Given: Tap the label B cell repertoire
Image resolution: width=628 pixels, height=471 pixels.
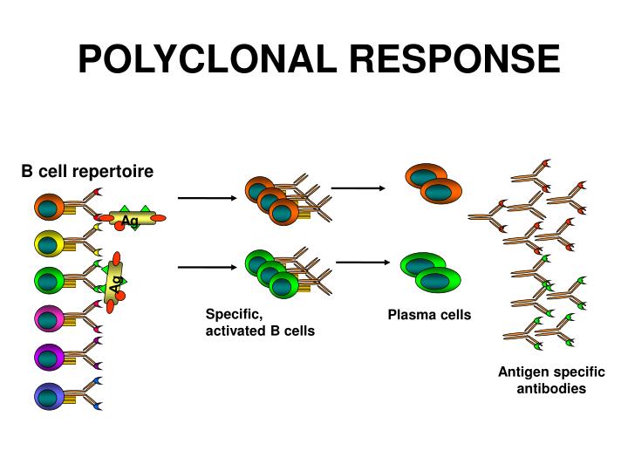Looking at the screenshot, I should (87, 171).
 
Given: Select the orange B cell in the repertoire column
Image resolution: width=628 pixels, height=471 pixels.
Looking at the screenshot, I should (49, 207).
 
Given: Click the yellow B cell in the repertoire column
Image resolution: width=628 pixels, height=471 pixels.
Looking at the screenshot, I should (49, 243).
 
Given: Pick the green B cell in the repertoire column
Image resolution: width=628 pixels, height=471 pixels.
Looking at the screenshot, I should (49, 280).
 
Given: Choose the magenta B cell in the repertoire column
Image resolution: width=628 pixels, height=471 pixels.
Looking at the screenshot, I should (49, 318).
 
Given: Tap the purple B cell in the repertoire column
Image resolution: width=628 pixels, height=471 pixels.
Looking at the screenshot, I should (49, 356).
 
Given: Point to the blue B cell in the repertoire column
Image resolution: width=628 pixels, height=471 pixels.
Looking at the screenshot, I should (49, 396).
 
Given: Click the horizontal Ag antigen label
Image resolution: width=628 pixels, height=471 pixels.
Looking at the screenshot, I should (130, 220).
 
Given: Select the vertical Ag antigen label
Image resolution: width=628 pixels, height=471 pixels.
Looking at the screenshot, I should (114, 282).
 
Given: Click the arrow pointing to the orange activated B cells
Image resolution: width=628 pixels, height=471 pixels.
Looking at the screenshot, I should (207, 199).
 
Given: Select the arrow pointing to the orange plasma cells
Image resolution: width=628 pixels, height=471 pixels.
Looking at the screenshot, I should (358, 188).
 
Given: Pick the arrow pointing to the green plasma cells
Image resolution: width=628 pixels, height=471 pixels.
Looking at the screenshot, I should (362, 262).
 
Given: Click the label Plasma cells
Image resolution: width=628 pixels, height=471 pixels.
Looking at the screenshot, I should (429, 314).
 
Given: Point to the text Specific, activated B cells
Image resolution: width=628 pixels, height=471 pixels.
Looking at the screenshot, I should (259, 323).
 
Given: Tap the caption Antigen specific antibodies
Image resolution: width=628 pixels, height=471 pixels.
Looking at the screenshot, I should (551, 380).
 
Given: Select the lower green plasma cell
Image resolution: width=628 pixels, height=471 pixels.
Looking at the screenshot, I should (443, 279).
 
